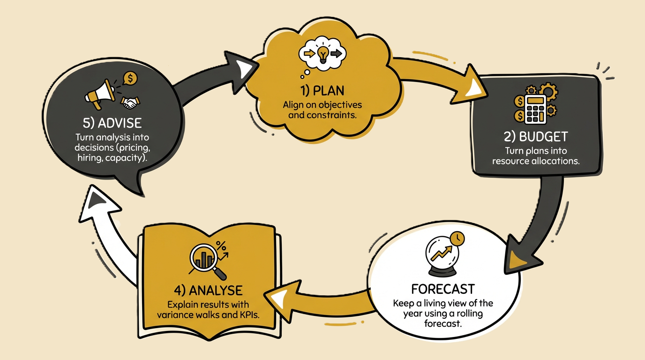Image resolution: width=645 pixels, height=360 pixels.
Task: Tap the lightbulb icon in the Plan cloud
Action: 322,54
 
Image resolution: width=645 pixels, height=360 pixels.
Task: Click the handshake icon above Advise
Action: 131,101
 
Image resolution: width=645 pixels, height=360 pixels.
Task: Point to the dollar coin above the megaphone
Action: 129,78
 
